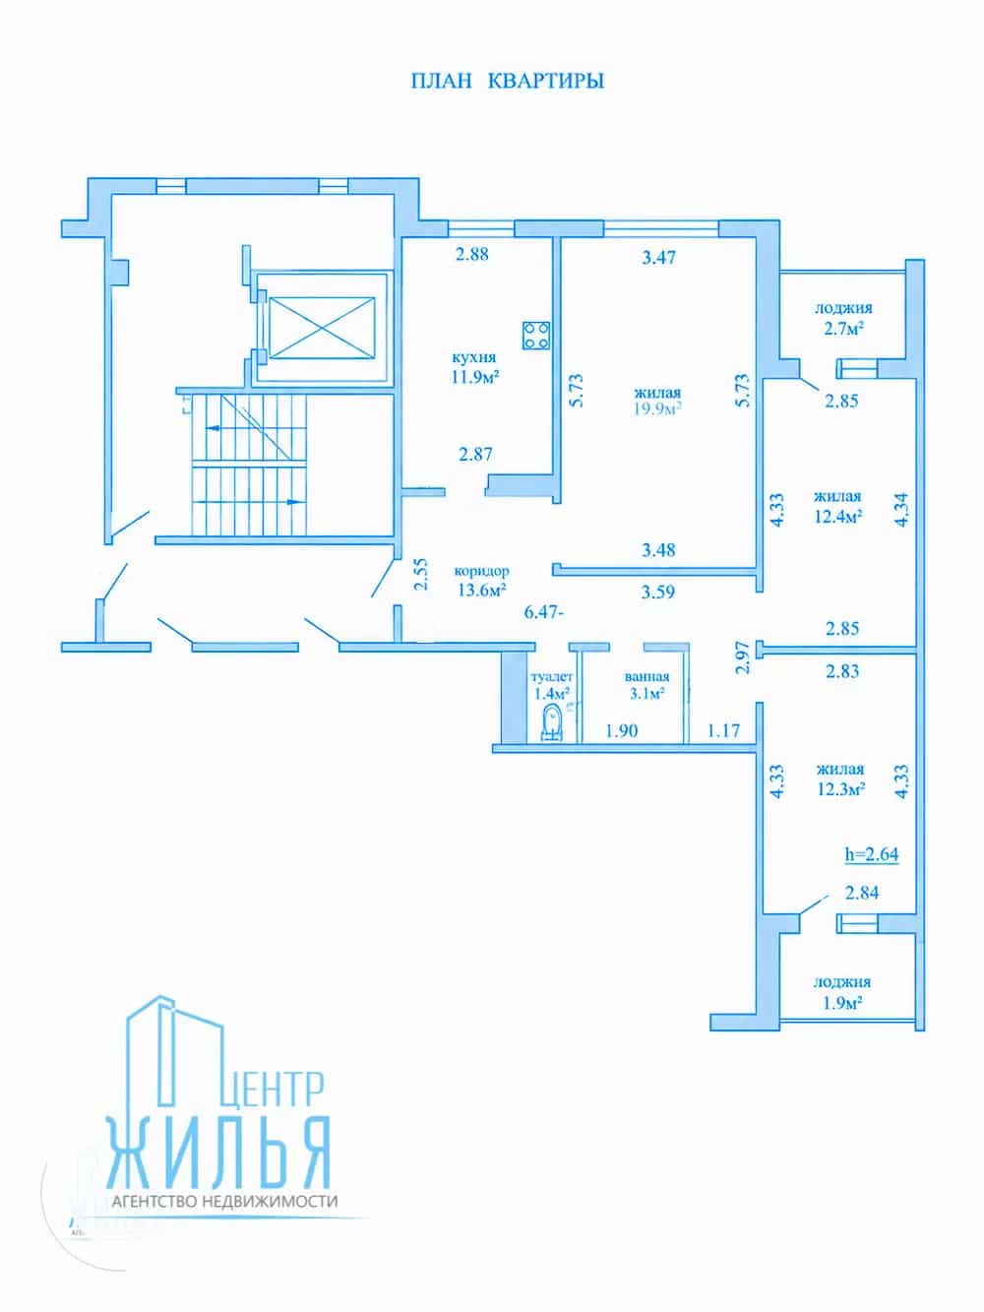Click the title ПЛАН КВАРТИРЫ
click(507, 81)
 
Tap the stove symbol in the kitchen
click(536, 336)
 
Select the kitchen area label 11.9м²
click(475, 377)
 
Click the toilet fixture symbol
click(551, 723)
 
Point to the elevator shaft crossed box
click(322, 328)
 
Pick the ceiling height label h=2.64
click(871, 854)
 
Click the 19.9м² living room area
click(657, 408)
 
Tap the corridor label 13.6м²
click(481, 590)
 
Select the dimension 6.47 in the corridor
click(541, 612)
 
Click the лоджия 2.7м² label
click(843, 318)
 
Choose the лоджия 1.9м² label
click(841, 992)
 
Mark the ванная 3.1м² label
click(647, 685)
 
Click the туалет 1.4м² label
click(551, 685)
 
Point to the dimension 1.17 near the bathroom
click(723, 730)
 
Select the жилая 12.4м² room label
click(837, 506)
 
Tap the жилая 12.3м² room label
click(840, 779)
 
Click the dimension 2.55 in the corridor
click(422, 574)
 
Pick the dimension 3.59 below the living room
click(657, 592)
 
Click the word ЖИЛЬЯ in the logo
click(218, 1152)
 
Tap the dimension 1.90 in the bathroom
click(621, 730)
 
